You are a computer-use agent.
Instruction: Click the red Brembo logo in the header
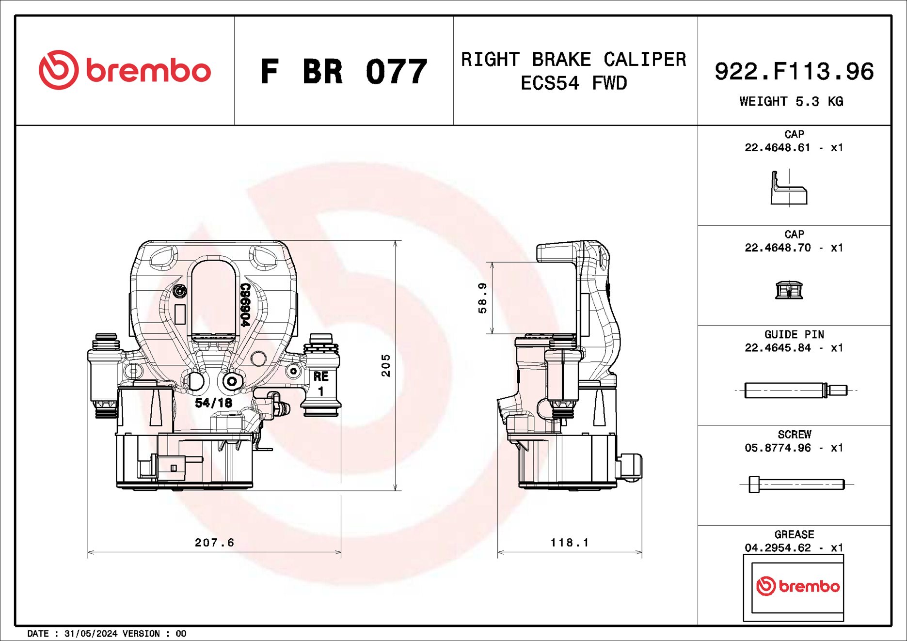coord(125,71)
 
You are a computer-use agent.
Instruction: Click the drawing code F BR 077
coord(344,72)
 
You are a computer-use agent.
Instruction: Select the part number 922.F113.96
coord(794,72)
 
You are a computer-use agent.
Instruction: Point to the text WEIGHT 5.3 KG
coord(791,102)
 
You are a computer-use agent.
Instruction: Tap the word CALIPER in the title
coord(644,60)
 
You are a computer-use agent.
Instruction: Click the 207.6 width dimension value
coord(214,543)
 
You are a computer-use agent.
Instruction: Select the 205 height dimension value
coord(386,365)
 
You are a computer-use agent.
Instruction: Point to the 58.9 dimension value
coord(482,298)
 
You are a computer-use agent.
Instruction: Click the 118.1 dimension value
coord(570,543)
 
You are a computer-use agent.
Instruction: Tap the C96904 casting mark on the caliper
coord(245,305)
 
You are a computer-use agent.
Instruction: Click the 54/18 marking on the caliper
coord(213,403)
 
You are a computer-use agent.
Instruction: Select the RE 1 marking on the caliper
coord(320,383)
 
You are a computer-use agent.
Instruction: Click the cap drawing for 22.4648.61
coord(789,188)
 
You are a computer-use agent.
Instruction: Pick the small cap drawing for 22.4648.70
coord(789,290)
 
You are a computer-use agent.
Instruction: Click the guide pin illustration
coord(795,390)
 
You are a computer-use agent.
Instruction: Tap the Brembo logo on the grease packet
coord(797,586)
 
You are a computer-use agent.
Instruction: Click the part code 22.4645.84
coord(778,348)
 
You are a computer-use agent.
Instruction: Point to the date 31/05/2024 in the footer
coord(91,634)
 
